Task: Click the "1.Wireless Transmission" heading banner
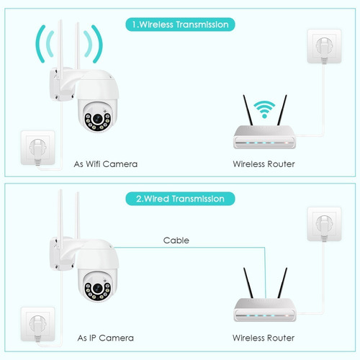[180, 24]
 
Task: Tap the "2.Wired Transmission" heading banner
[180, 199]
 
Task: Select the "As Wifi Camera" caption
[106, 164]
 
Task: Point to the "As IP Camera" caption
[106, 338]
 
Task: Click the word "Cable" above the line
[176, 240]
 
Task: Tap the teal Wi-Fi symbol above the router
[264, 109]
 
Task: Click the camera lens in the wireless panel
[98, 118]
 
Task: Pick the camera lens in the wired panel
[98, 288]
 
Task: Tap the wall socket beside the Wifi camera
[37, 148]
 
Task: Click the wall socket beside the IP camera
[37, 324]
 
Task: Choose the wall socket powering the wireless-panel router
[324, 46]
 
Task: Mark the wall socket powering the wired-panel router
[324, 224]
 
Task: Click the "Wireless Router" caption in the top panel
[264, 164]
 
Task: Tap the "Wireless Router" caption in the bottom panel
[264, 338]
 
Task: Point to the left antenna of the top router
[248, 110]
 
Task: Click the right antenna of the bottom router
[282, 283]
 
